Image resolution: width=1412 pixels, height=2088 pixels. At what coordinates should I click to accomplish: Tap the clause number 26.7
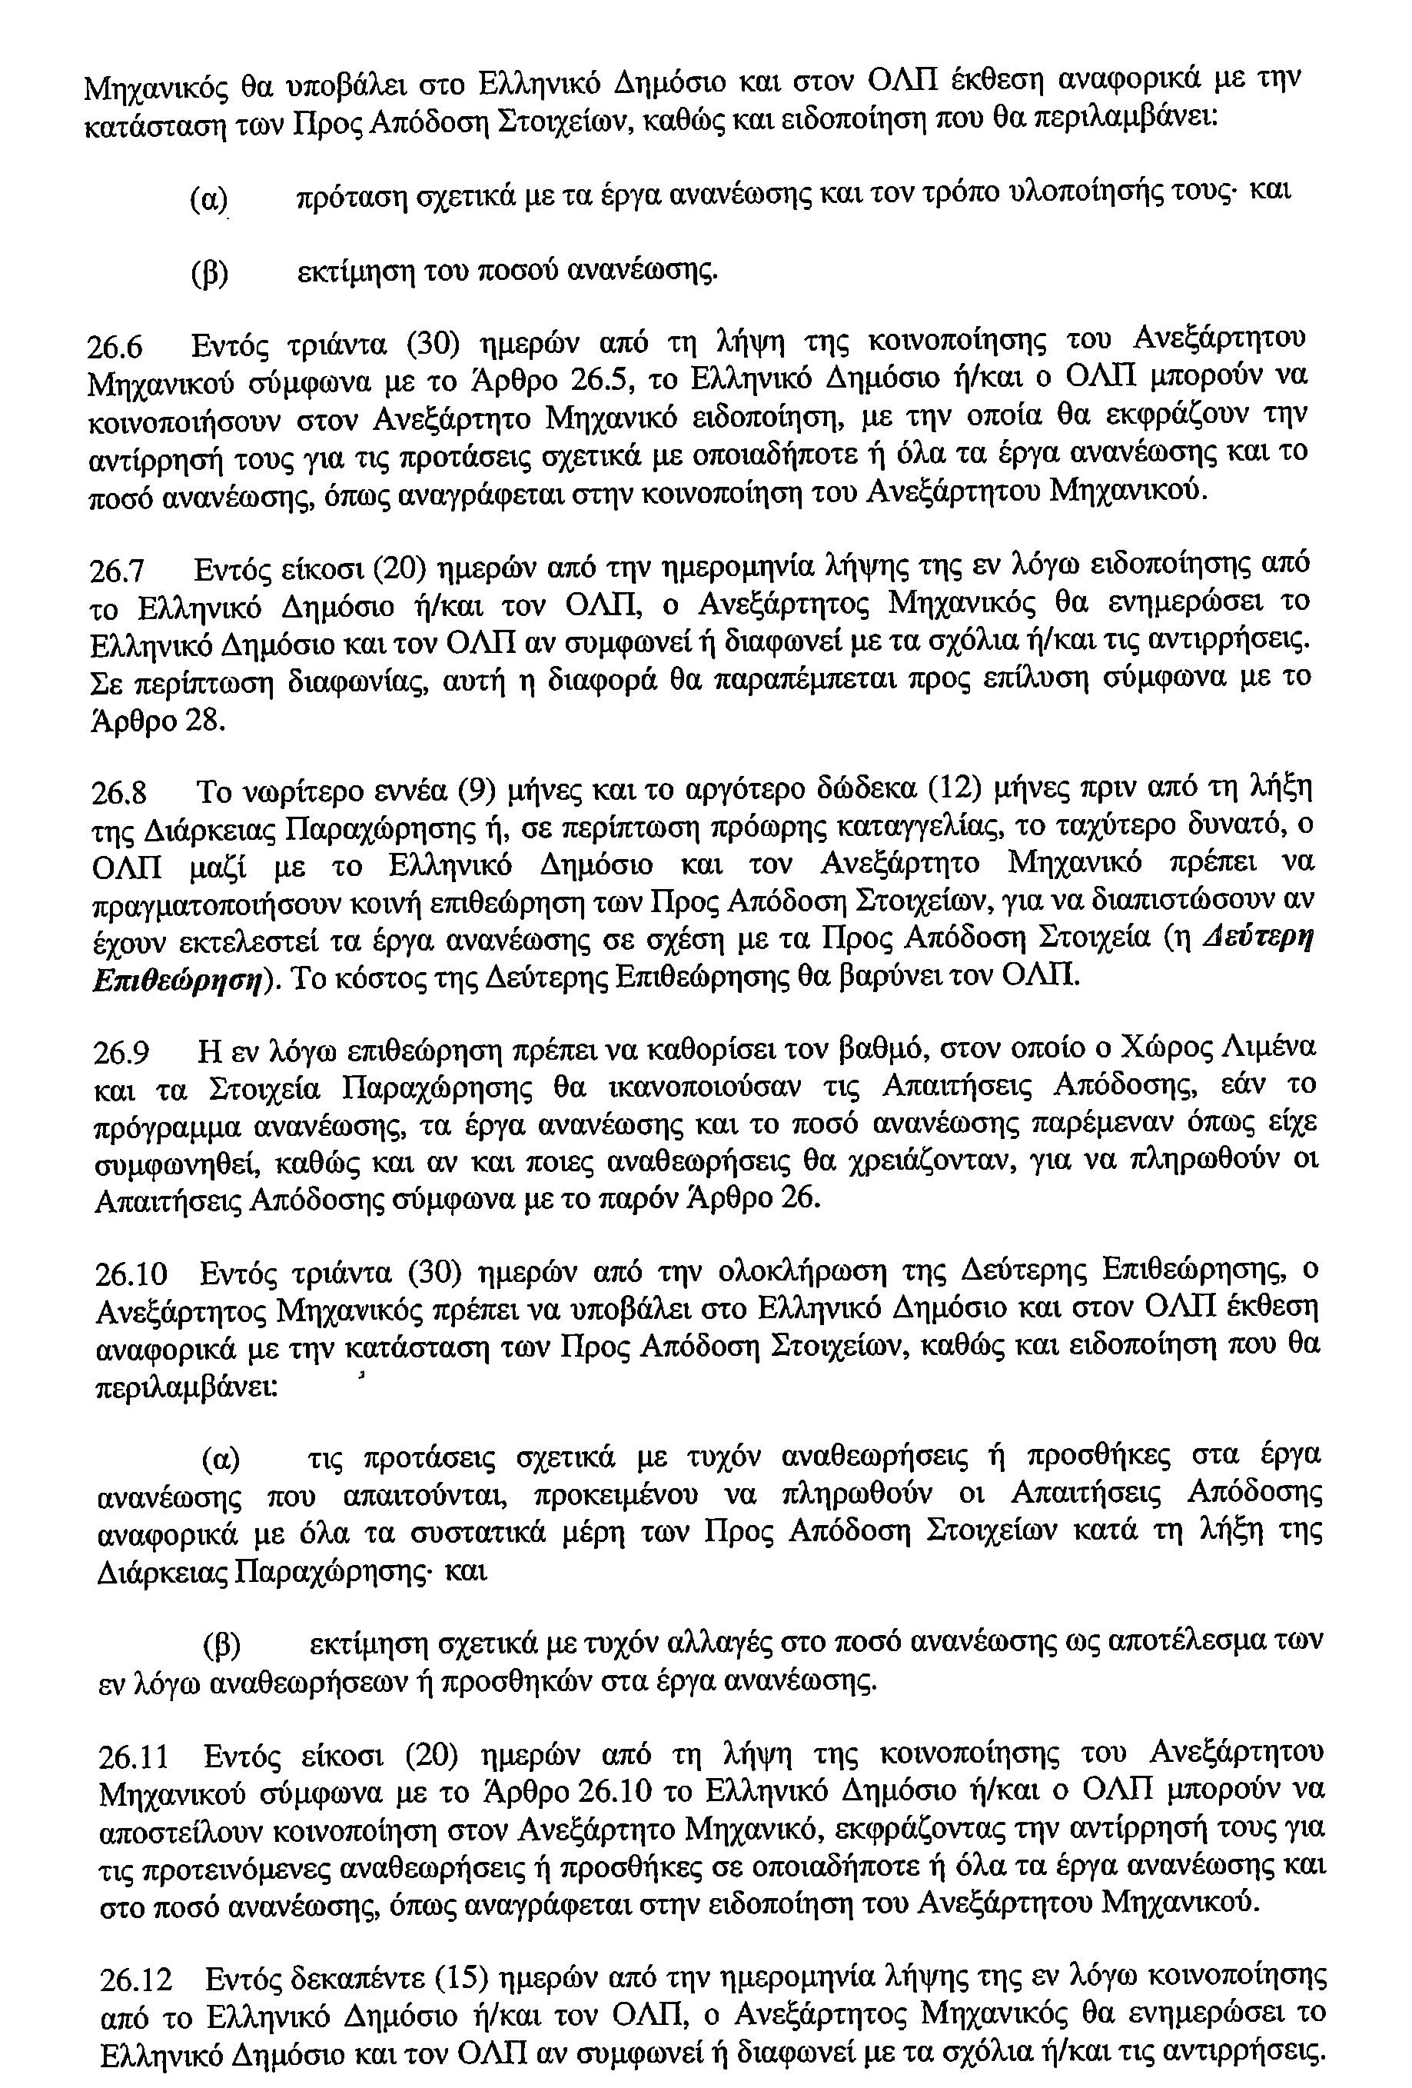[118, 571]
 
